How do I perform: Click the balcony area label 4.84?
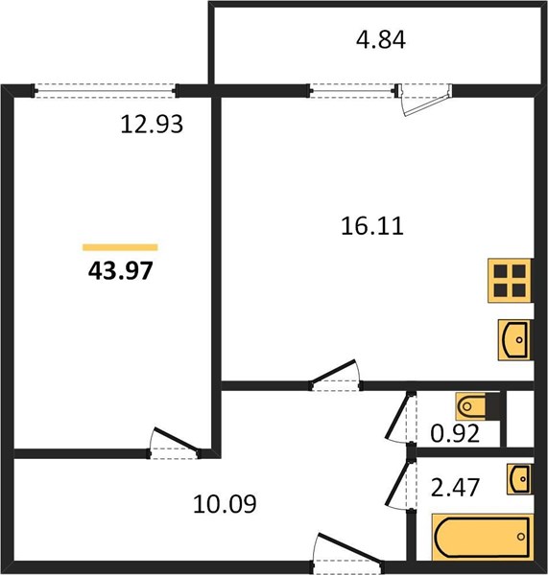click(x=381, y=40)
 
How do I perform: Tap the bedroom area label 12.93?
click(x=152, y=124)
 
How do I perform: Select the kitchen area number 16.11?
click(x=372, y=226)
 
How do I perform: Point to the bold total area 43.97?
click(x=121, y=271)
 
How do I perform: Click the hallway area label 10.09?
click(x=225, y=504)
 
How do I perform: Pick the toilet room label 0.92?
click(x=455, y=433)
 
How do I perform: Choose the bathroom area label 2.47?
click(x=455, y=488)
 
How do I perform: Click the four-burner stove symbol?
click(x=510, y=281)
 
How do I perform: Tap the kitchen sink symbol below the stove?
click(x=514, y=339)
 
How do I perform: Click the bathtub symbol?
click(x=482, y=537)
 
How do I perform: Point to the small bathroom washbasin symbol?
click(x=518, y=478)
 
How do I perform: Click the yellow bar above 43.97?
click(x=120, y=247)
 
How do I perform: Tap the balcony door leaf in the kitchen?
click(x=427, y=104)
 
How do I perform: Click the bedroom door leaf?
click(x=177, y=439)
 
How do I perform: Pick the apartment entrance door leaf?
click(x=349, y=547)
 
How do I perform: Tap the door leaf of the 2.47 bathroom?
click(x=397, y=484)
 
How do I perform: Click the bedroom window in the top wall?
click(x=105, y=91)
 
